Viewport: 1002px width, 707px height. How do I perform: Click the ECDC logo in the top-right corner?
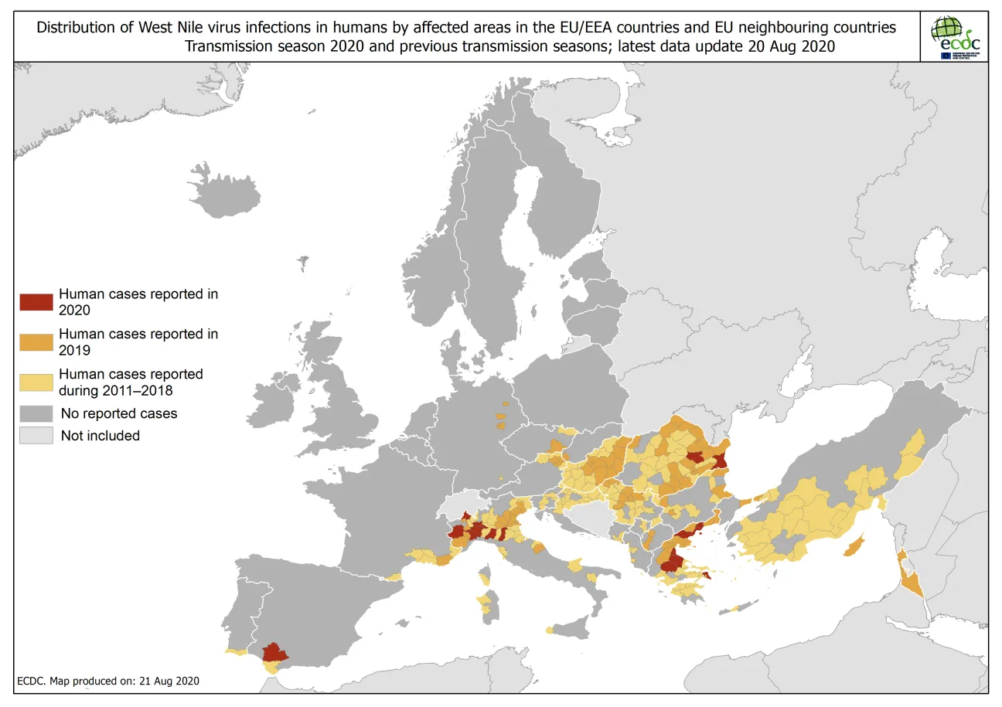click(957, 36)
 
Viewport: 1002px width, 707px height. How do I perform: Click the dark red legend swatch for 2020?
click(36, 302)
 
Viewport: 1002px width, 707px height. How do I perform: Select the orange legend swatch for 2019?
click(36, 342)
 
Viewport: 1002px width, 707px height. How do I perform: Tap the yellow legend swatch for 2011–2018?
click(36, 382)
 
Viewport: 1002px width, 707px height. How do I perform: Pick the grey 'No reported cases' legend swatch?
click(36, 413)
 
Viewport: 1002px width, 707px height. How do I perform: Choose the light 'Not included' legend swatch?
click(36, 436)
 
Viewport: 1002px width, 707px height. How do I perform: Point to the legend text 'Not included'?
click(100, 436)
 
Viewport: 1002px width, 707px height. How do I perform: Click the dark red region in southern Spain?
click(274, 652)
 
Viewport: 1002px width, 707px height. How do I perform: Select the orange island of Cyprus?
click(853, 548)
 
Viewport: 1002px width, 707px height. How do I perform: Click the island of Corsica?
click(486, 575)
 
